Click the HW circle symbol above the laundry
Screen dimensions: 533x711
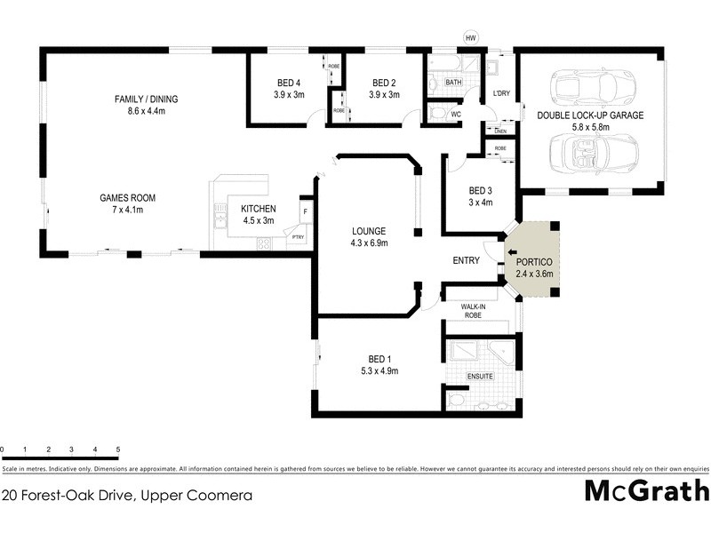pyautogui.click(x=471, y=37)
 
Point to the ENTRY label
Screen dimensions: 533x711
pyautogui.click(x=466, y=260)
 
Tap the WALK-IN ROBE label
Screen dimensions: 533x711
pyautogui.click(x=478, y=310)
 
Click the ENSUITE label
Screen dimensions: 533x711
pyautogui.click(x=480, y=377)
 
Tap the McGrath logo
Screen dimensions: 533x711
pyautogui.click(x=646, y=490)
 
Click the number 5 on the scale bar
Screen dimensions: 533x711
pyautogui.click(x=118, y=450)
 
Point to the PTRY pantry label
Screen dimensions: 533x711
pyautogui.click(x=298, y=237)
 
